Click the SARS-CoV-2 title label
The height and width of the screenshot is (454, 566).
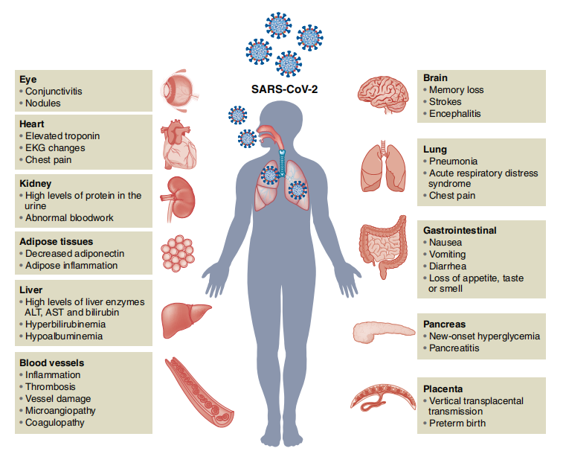tap(284, 89)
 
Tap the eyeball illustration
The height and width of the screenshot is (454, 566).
tap(179, 89)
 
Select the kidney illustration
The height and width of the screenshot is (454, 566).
tap(178, 199)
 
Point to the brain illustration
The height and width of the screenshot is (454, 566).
tap(383, 95)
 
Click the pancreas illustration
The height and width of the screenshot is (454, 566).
tap(383, 332)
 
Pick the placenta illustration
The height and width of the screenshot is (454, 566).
tap(382, 397)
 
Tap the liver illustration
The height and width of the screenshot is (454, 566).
tap(185, 319)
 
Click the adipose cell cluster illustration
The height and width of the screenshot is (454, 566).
tap(178, 253)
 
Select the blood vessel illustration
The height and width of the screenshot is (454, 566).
tap(199, 392)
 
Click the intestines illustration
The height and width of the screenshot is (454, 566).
tap(382, 246)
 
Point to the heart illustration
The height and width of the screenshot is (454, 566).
tap(179, 145)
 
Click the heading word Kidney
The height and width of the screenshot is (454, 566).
tap(36, 184)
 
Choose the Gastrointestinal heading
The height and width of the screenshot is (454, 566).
tap(460, 231)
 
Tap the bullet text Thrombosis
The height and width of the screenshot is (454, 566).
tap(50, 387)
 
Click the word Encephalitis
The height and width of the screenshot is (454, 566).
tap(455, 114)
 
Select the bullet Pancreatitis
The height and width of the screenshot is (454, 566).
tap(454, 348)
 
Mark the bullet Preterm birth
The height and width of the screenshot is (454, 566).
tap(457, 423)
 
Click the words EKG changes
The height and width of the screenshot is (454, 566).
tap(55, 148)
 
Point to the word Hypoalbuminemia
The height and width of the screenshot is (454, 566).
tap(64, 336)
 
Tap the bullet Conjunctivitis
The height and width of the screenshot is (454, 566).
tap(54, 92)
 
